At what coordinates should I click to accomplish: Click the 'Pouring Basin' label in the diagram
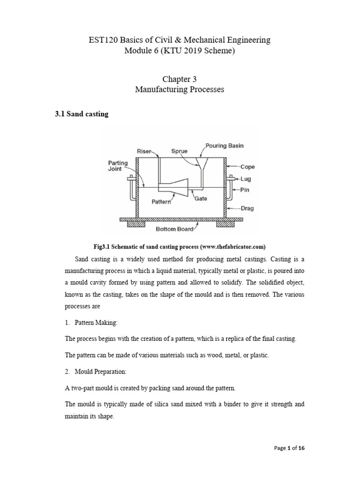click(224, 146)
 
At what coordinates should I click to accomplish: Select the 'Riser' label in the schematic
click(145, 151)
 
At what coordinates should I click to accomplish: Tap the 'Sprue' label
click(180, 151)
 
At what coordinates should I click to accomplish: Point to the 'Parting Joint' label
click(118, 166)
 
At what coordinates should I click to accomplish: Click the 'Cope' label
click(247, 166)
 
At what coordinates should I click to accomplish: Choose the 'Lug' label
click(246, 179)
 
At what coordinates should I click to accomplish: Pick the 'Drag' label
click(247, 209)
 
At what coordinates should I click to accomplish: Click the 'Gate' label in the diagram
click(201, 199)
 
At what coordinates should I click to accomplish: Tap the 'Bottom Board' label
click(173, 229)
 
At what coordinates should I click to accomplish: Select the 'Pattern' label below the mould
click(162, 202)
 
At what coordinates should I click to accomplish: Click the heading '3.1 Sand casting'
click(82, 114)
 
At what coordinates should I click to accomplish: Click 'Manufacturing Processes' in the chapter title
click(180, 90)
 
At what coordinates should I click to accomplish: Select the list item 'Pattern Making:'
click(94, 320)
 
